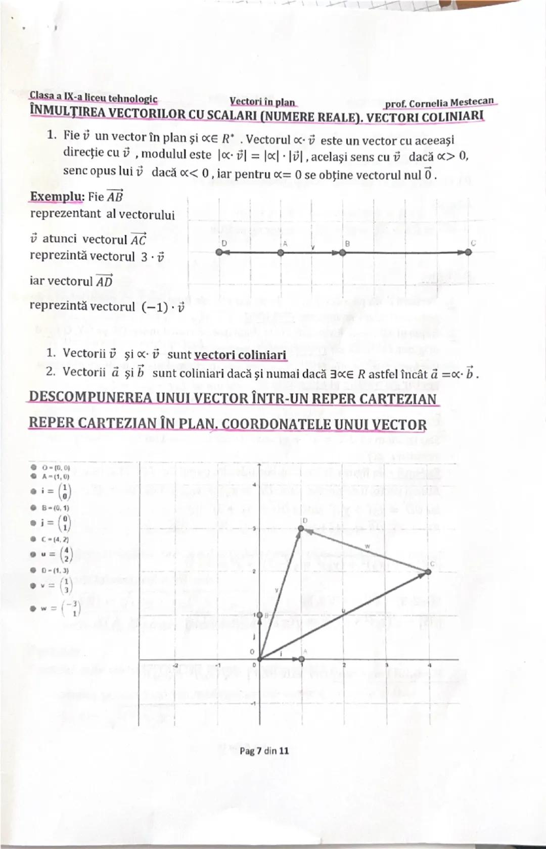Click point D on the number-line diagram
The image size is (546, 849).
[x=218, y=253]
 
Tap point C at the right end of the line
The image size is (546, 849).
[x=469, y=253]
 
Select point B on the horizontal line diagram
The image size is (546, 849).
[x=343, y=253]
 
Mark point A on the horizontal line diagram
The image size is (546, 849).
[x=281, y=253]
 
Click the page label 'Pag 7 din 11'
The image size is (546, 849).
[x=264, y=751]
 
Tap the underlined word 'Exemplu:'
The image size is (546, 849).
[x=57, y=197]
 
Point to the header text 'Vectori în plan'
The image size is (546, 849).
[x=262, y=102]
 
